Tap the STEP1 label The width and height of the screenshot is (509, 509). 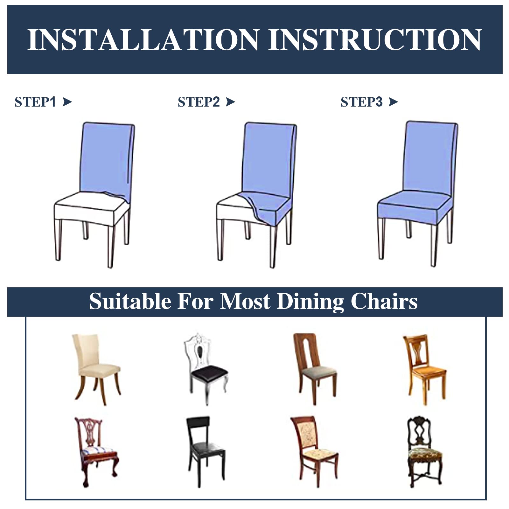point(35,102)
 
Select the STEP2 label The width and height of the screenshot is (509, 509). point(199,102)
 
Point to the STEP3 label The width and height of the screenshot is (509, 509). point(361,102)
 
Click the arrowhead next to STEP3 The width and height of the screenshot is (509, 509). point(394,102)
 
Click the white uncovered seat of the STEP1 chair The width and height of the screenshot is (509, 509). point(91,208)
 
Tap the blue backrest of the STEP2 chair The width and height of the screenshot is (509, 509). point(269,159)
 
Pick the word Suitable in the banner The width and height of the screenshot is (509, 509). point(130,301)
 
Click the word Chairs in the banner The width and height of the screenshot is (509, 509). point(384,301)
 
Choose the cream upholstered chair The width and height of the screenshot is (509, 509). point(96,369)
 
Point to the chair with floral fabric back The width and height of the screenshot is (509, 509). point(315,452)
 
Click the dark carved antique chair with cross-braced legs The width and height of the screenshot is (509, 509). point(425,452)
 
